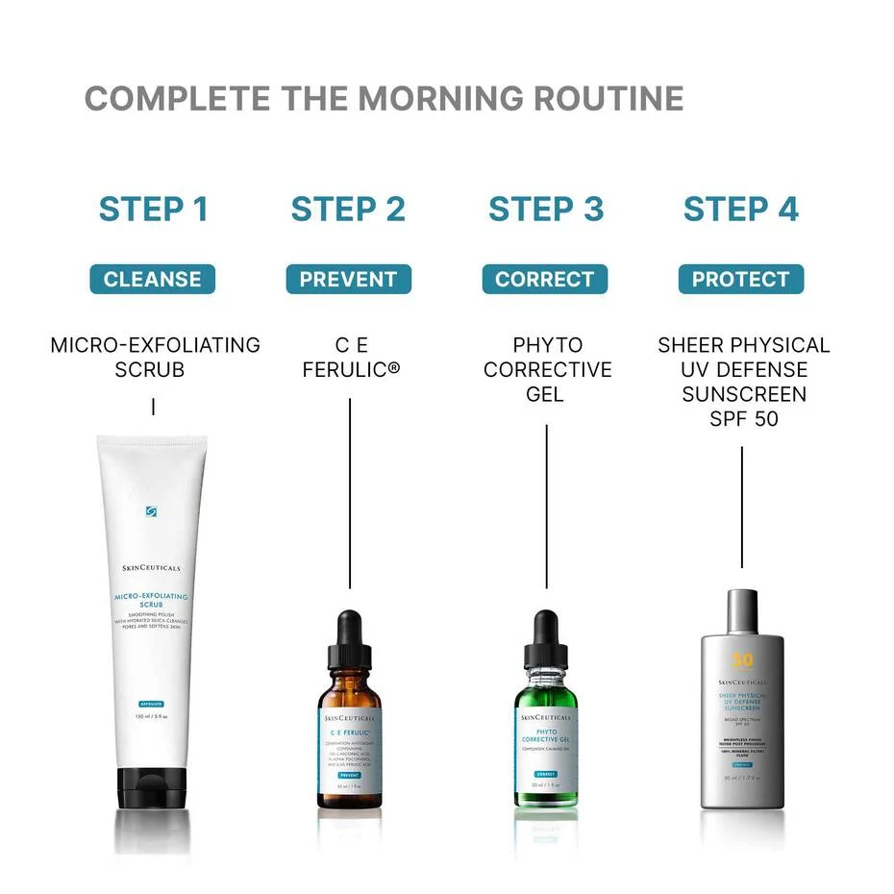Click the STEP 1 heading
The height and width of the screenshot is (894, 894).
point(154,209)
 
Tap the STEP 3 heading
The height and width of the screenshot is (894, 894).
point(546,209)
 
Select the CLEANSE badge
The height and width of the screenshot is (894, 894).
point(153,280)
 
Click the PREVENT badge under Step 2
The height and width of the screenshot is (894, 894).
point(348,280)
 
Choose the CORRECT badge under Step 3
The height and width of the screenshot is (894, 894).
point(545,280)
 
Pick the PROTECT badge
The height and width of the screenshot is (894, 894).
point(740,280)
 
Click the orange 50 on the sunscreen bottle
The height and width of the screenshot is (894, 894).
point(742,660)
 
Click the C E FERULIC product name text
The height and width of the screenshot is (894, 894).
point(350,357)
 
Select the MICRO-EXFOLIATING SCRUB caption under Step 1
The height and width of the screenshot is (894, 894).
point(155,357)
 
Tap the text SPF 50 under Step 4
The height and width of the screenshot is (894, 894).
point(743,419)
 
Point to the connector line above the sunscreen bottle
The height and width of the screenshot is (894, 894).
point(742,507)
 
